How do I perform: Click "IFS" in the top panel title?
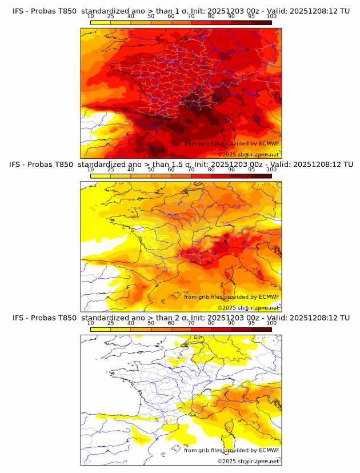[x=19, y=11]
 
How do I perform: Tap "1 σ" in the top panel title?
[x=186, y=11]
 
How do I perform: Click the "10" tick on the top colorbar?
[x=91, y=17]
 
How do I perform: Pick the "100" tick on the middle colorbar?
[x=271, y=170]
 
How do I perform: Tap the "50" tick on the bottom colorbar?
[x=151, y=323]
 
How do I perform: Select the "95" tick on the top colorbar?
[x=251, y=17]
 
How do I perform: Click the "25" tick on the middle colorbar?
[x=111, y=170]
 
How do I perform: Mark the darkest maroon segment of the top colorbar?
[x=261, y=22]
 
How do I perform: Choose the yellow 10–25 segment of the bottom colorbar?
[x=101, y=329]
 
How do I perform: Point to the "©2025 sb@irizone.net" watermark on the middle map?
[x=249, y=307]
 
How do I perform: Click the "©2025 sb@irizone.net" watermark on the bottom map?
[x=249, y=460]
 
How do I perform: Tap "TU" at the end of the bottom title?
[x=345, y=318]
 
